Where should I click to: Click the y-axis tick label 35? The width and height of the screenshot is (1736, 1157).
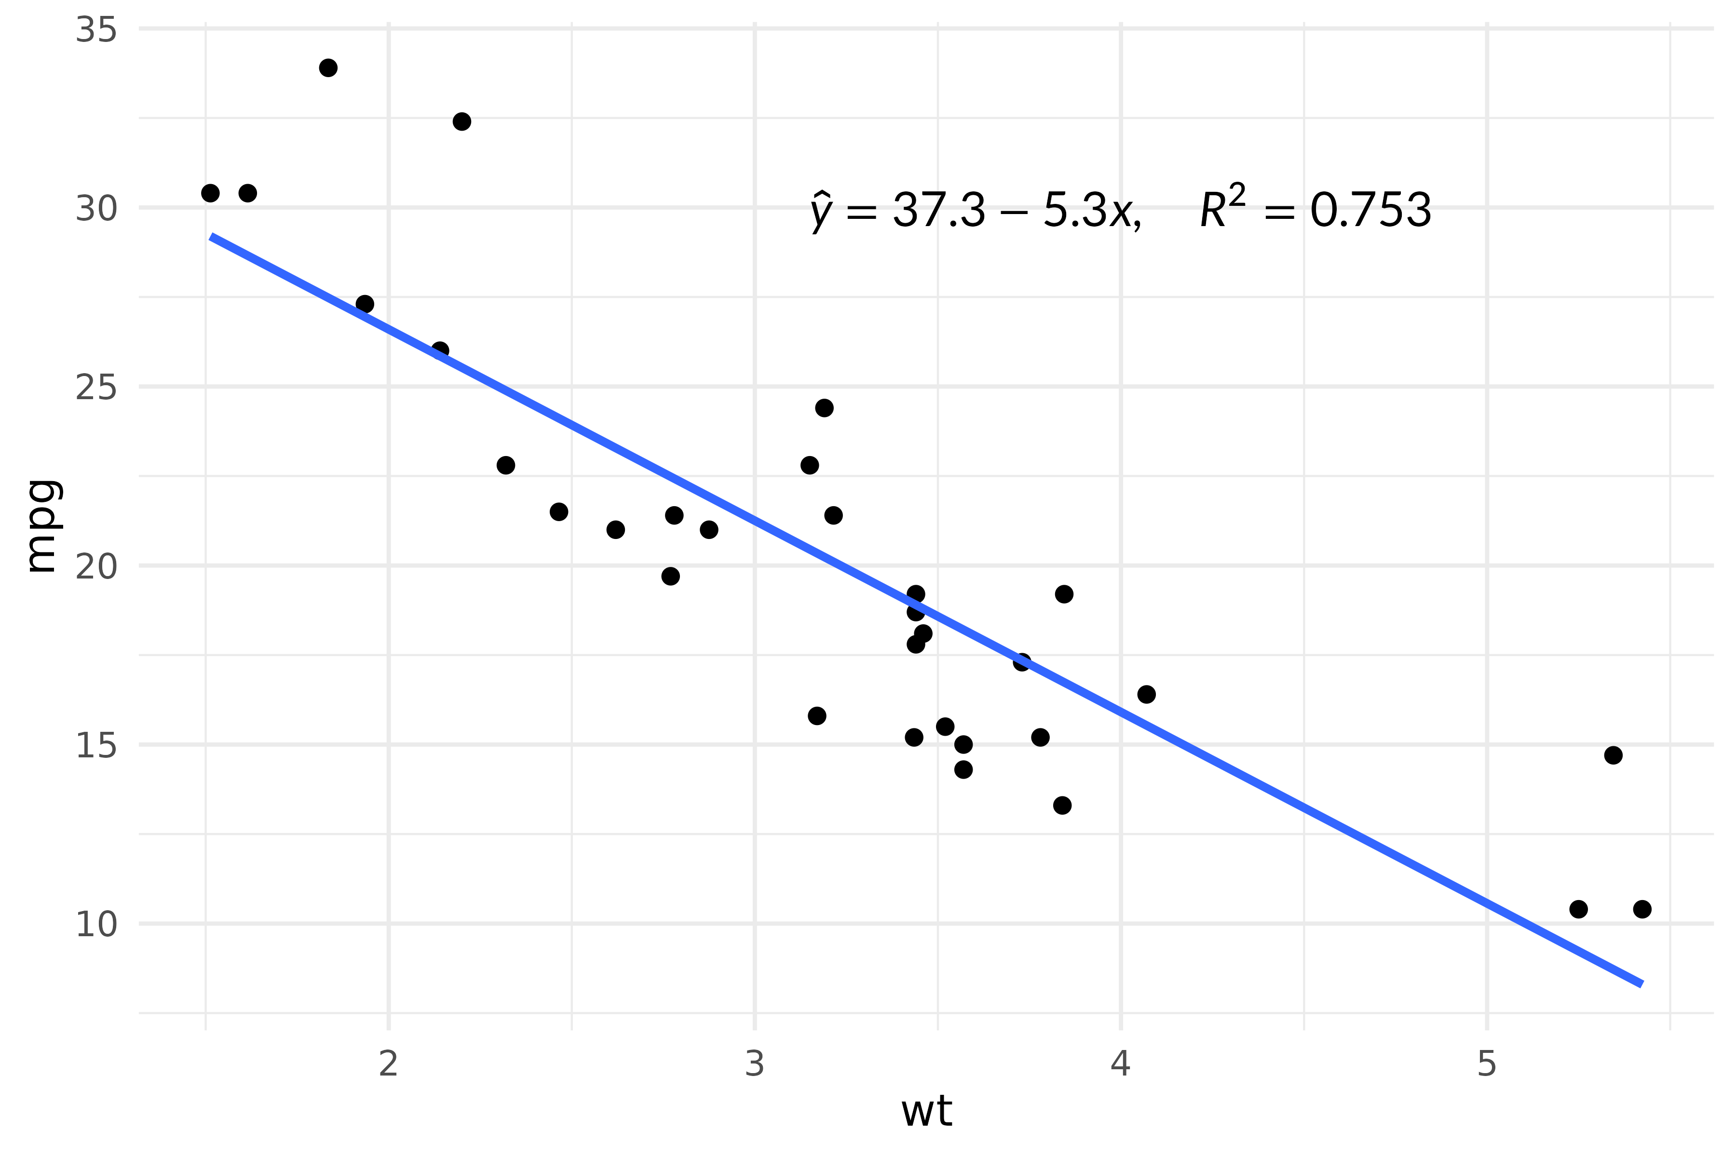[96, 31]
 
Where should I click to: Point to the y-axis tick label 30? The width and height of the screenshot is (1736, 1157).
[96, 210]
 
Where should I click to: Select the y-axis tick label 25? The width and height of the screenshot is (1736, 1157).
[96, 388]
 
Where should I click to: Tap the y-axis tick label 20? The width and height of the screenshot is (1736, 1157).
[96, 567]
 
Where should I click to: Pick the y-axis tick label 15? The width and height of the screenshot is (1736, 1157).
[96, 746]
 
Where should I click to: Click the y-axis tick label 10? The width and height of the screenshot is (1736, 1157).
[96, 925]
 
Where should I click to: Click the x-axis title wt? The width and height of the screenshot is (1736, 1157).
[926, 1111]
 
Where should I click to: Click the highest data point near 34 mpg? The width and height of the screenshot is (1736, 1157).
[328, 68]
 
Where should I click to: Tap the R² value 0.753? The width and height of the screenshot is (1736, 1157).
[1370, 210]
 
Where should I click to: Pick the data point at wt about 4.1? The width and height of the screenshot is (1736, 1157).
[1146, 694]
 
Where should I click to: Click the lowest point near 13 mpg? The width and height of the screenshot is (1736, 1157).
[1062, 805]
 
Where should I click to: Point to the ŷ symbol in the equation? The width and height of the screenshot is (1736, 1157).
[820, 212]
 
